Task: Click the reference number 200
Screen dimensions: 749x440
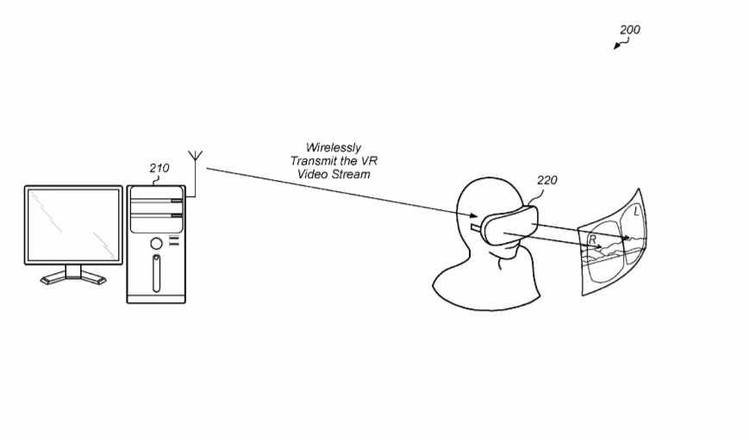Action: click(x=629, y=29)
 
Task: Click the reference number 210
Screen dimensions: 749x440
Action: click(x=159, y=168)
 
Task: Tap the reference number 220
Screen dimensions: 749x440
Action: click(x=547, y=180)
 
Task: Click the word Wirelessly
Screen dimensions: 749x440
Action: click(x=334, y=147)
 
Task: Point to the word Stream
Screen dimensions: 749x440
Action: click(x=351, y=174)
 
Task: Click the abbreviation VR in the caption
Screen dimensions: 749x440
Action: click(x=369, y=161)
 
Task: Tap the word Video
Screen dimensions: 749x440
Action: click(x=313, y=174)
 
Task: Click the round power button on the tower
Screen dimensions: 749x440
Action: click(x=156, y=244)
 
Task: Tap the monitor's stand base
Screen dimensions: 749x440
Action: click(x=73, y=278)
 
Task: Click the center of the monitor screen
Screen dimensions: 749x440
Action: click(x=73, y=225)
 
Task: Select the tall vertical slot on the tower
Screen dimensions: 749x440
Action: click(x=156, y=273)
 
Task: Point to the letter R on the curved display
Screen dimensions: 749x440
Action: click(x=592, y=239)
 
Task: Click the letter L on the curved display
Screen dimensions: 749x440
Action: click(x=636, y=210)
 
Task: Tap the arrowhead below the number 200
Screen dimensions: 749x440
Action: click(x=616, y=46)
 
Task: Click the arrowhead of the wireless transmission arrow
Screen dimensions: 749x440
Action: click(x=473, y=216)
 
